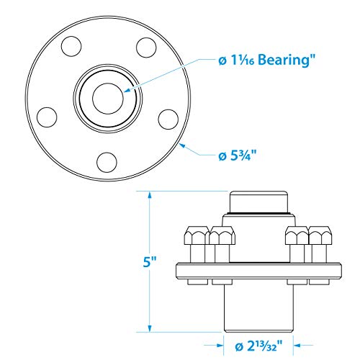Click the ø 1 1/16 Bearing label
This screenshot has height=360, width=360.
tap(266, 60)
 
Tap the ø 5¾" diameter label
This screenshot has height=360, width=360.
tap(238, 156)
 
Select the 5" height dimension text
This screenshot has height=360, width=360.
tap(150, 261)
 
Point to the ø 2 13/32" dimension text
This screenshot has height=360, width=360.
tap(258, 346)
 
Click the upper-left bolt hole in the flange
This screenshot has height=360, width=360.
tap(71, 46)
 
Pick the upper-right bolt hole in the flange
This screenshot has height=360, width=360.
tap(146, 48)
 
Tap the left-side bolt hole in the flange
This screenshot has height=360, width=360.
tap(47, 117)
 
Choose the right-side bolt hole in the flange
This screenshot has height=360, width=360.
tap(168, 120)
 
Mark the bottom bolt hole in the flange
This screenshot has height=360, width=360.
tap(107, 162)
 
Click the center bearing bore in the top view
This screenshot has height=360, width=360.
tap(108, 99)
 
